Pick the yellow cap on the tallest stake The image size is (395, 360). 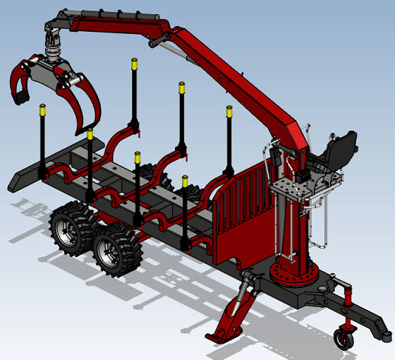[x=133, y=64]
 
